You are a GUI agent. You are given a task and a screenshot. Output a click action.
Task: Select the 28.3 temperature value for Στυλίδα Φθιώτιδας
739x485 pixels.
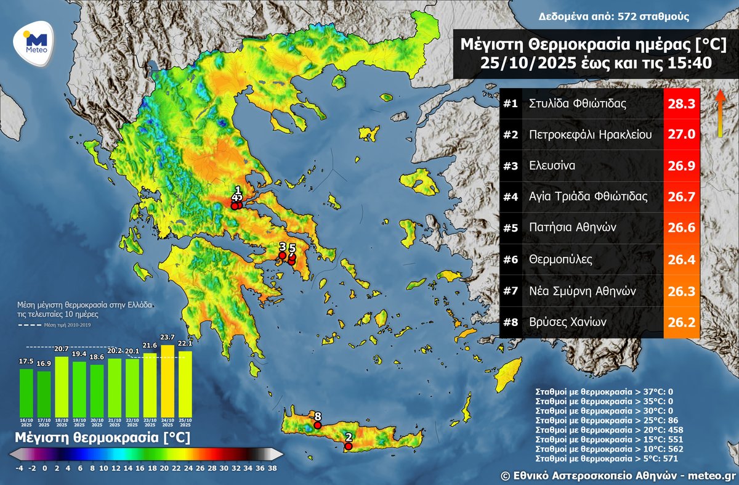point(682,104)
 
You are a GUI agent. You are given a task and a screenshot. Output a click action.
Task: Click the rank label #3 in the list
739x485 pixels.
point(510,166)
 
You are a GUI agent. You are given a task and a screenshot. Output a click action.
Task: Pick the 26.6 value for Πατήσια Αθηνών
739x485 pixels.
point(682,228)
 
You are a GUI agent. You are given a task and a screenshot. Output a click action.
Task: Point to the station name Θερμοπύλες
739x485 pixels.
point(560,259)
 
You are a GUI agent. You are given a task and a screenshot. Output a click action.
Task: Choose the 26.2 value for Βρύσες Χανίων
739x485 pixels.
point(682,322)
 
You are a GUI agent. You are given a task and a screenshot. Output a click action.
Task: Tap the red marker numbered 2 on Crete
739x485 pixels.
point(349,446)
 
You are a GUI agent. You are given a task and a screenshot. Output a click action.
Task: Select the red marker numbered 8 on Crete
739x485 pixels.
point(318,425)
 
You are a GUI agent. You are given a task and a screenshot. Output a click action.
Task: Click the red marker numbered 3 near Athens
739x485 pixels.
point(282,255)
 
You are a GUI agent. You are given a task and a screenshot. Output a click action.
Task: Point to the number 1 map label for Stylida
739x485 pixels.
point(238,190)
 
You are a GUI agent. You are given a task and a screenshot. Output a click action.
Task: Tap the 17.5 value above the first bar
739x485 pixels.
point(26,362)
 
